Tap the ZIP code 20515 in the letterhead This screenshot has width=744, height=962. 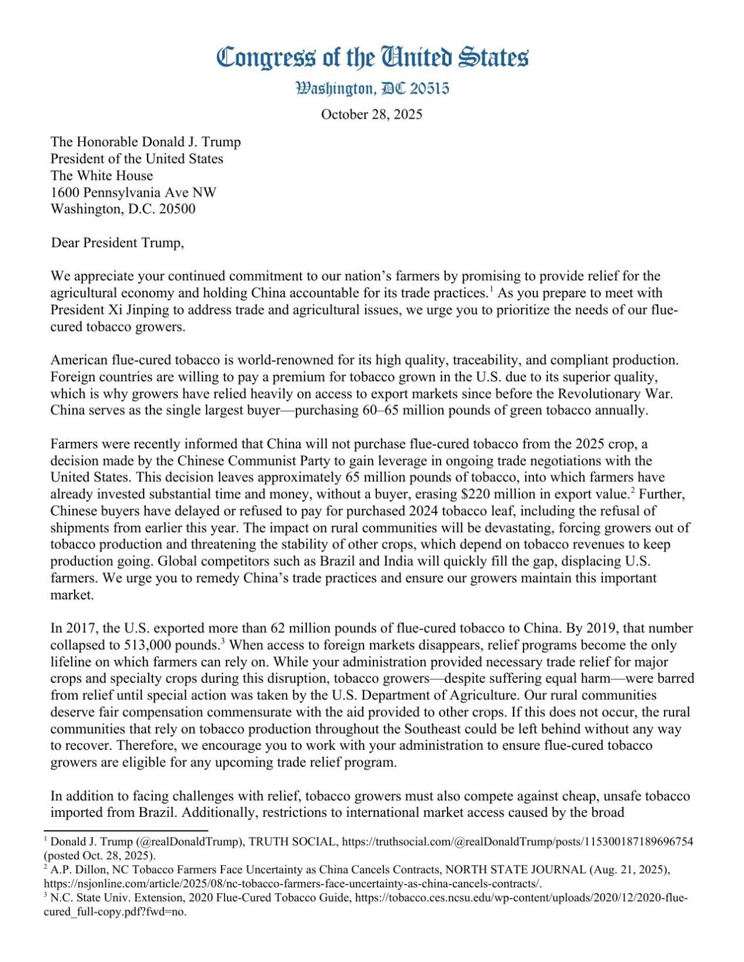pos(430,89)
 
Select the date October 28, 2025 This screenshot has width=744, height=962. pos(371,114)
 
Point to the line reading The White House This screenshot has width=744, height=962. pos(101,175)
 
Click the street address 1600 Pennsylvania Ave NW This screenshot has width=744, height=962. pos(133,192)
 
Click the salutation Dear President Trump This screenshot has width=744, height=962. pos(117,243)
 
